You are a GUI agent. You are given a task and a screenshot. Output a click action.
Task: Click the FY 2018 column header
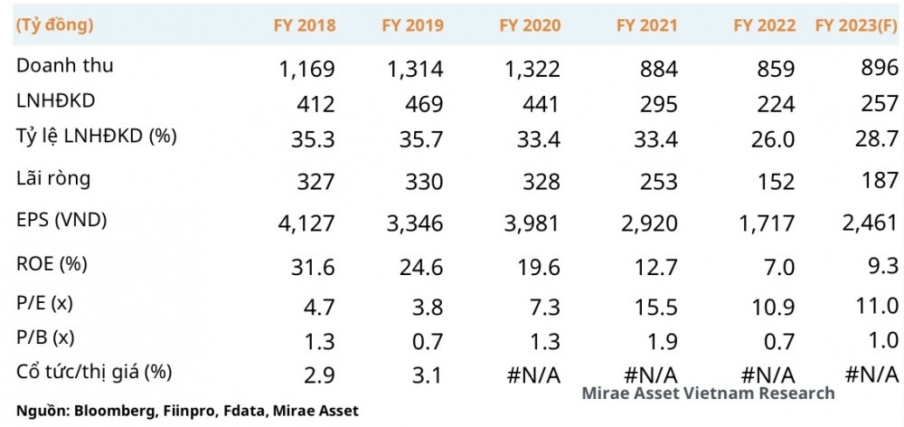(x=305, y=25)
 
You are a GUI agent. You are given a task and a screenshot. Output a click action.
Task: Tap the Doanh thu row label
(x=65, y=66)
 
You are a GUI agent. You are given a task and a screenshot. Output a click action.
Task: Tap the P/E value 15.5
(x=656, y=304)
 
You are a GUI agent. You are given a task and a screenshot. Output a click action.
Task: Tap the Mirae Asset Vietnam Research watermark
(x=708, y=393)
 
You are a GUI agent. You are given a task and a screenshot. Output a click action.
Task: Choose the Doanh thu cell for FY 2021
(x=657, y=70)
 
